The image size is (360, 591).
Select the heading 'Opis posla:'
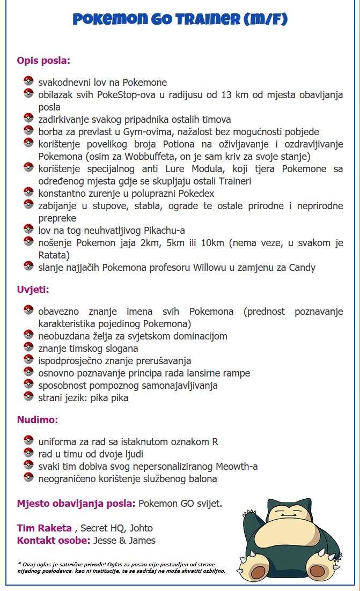tap(43, 60)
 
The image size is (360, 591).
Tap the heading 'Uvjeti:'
tap(33, 289)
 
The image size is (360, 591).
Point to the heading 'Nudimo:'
tap(37, 419)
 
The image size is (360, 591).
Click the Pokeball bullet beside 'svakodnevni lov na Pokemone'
tap(28, 82)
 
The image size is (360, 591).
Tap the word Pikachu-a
tap(164, 230)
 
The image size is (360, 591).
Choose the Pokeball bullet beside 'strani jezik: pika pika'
tap(28, 397)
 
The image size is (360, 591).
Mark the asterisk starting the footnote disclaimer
tap(19, 563)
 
